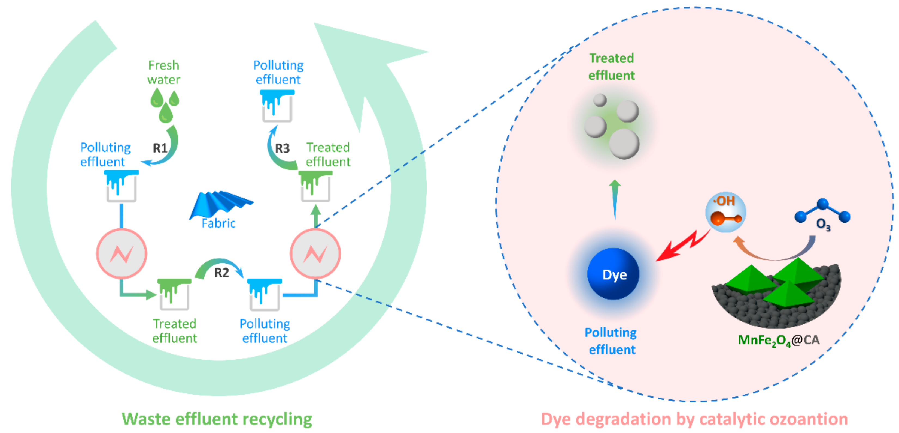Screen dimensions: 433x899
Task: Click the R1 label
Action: click(x=160, y=148)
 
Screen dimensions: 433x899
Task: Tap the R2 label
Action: click(x=221, y=273)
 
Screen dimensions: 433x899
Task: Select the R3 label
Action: click(x=282, y=148)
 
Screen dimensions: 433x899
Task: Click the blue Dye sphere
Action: click(x=614, y=274)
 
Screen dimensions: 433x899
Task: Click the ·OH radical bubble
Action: click(x=725, y=212)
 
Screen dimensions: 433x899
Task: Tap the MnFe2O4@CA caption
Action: click(x=778, y=340)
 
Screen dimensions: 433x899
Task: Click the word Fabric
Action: click(x=218, y=223)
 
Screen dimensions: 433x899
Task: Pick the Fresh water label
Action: click(x=164, y=72)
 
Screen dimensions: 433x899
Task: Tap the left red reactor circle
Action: click(x=122, y=253)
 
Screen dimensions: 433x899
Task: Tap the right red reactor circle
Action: click(x=315, y=253)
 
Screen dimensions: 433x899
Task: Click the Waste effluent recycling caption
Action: click(x=217, y=419)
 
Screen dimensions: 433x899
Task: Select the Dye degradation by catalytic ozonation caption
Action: click(x=694, y=419)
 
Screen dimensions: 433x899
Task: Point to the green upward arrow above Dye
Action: click(x=615, y=199)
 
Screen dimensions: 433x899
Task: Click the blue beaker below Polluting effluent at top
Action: click(x=277, y=106)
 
